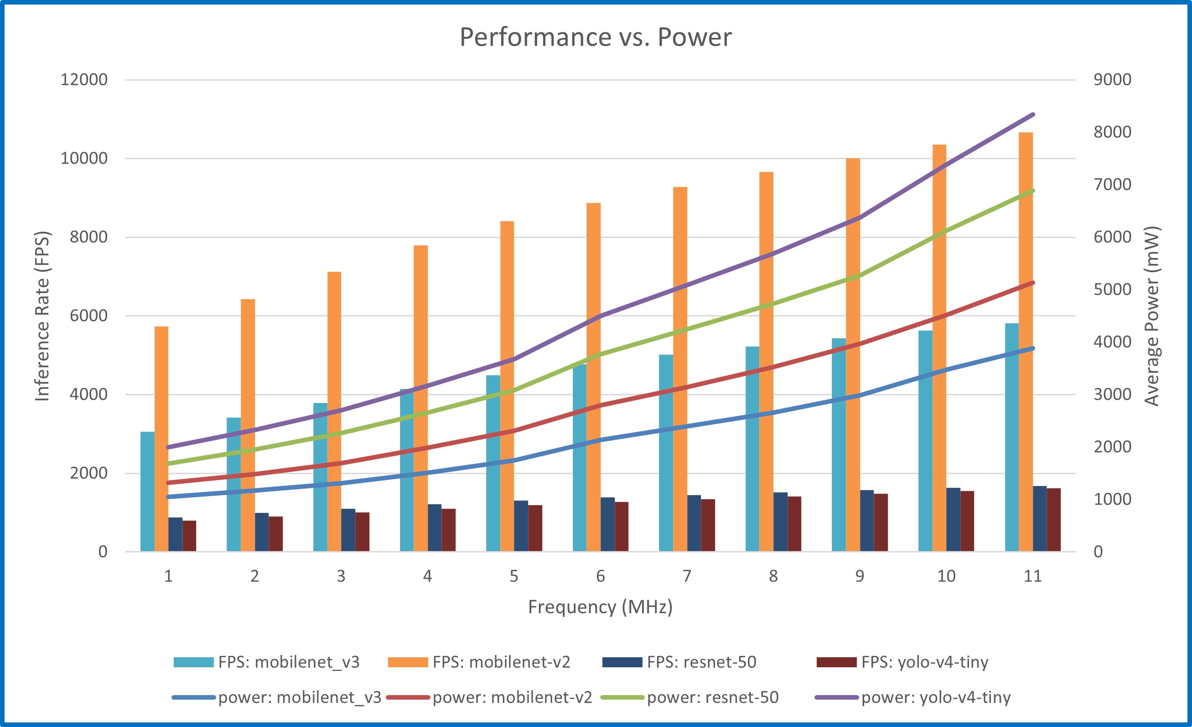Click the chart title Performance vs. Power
tap(596, 37)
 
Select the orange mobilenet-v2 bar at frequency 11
tap(1026, 339)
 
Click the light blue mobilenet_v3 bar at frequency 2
tap(233, 484)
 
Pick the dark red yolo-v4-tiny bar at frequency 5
tap(535, 528)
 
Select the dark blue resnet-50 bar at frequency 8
tap(780, 522)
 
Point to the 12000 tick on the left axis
tap(84, 79)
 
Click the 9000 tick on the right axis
tap(1112, 79)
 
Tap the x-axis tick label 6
tap(601, 576)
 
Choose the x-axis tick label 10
tap(946, 576)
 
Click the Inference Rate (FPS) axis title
tap(42, 316)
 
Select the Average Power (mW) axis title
tap(1152, 316)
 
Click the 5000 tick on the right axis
tap(1112, 289)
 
